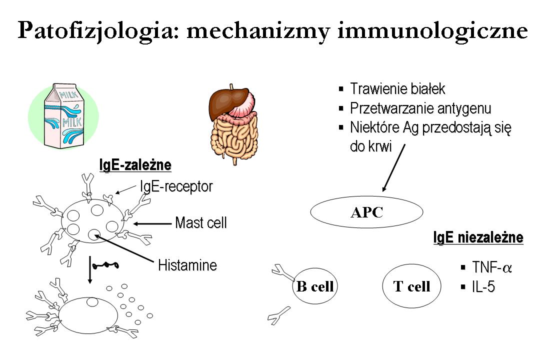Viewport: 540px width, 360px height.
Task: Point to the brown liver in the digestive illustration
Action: (227, 100)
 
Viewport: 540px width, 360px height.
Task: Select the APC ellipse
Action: (366, 212)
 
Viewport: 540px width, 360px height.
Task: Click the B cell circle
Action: (314, 286)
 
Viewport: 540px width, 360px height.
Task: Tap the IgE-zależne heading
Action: (135, 165)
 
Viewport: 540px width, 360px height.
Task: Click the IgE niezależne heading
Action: (478, 237)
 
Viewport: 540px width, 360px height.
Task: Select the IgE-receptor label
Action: (176, 187)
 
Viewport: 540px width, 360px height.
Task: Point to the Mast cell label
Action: (200, 222)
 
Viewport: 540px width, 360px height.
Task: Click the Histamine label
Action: (187, 264)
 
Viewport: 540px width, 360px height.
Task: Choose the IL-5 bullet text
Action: (483, 287)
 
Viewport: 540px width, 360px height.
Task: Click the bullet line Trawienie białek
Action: (397, 89)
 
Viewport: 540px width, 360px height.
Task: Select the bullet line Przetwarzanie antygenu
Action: (420, 108)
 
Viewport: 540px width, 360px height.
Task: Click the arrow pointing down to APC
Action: (394, 167)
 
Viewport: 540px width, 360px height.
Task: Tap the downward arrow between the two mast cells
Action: (89, 270)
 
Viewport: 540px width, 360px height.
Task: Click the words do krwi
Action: (370, 147)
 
